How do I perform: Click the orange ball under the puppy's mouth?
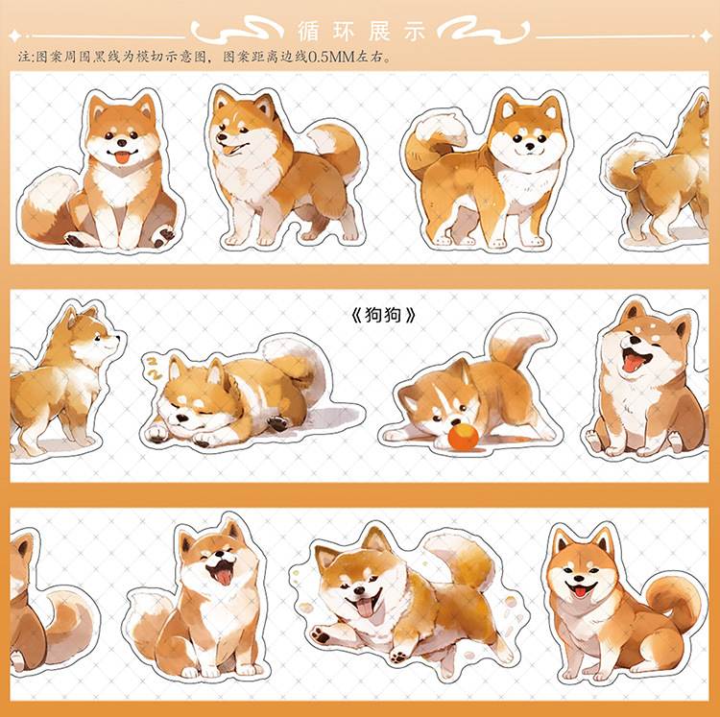tap(464, 437)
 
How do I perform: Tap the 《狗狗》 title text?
tap(383, 315)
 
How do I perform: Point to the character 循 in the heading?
tap(308, 32)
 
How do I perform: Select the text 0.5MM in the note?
tap(331, 57)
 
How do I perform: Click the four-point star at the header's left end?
tap(14, 36)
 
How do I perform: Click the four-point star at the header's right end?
tap(706, 36)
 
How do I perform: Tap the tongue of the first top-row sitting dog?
tap(122, 158)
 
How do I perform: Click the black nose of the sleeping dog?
tap(181, 418)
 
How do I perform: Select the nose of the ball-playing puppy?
tap(455, 421)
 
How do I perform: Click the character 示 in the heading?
tap(415, 32)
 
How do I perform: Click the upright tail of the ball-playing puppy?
tap(517, 340)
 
